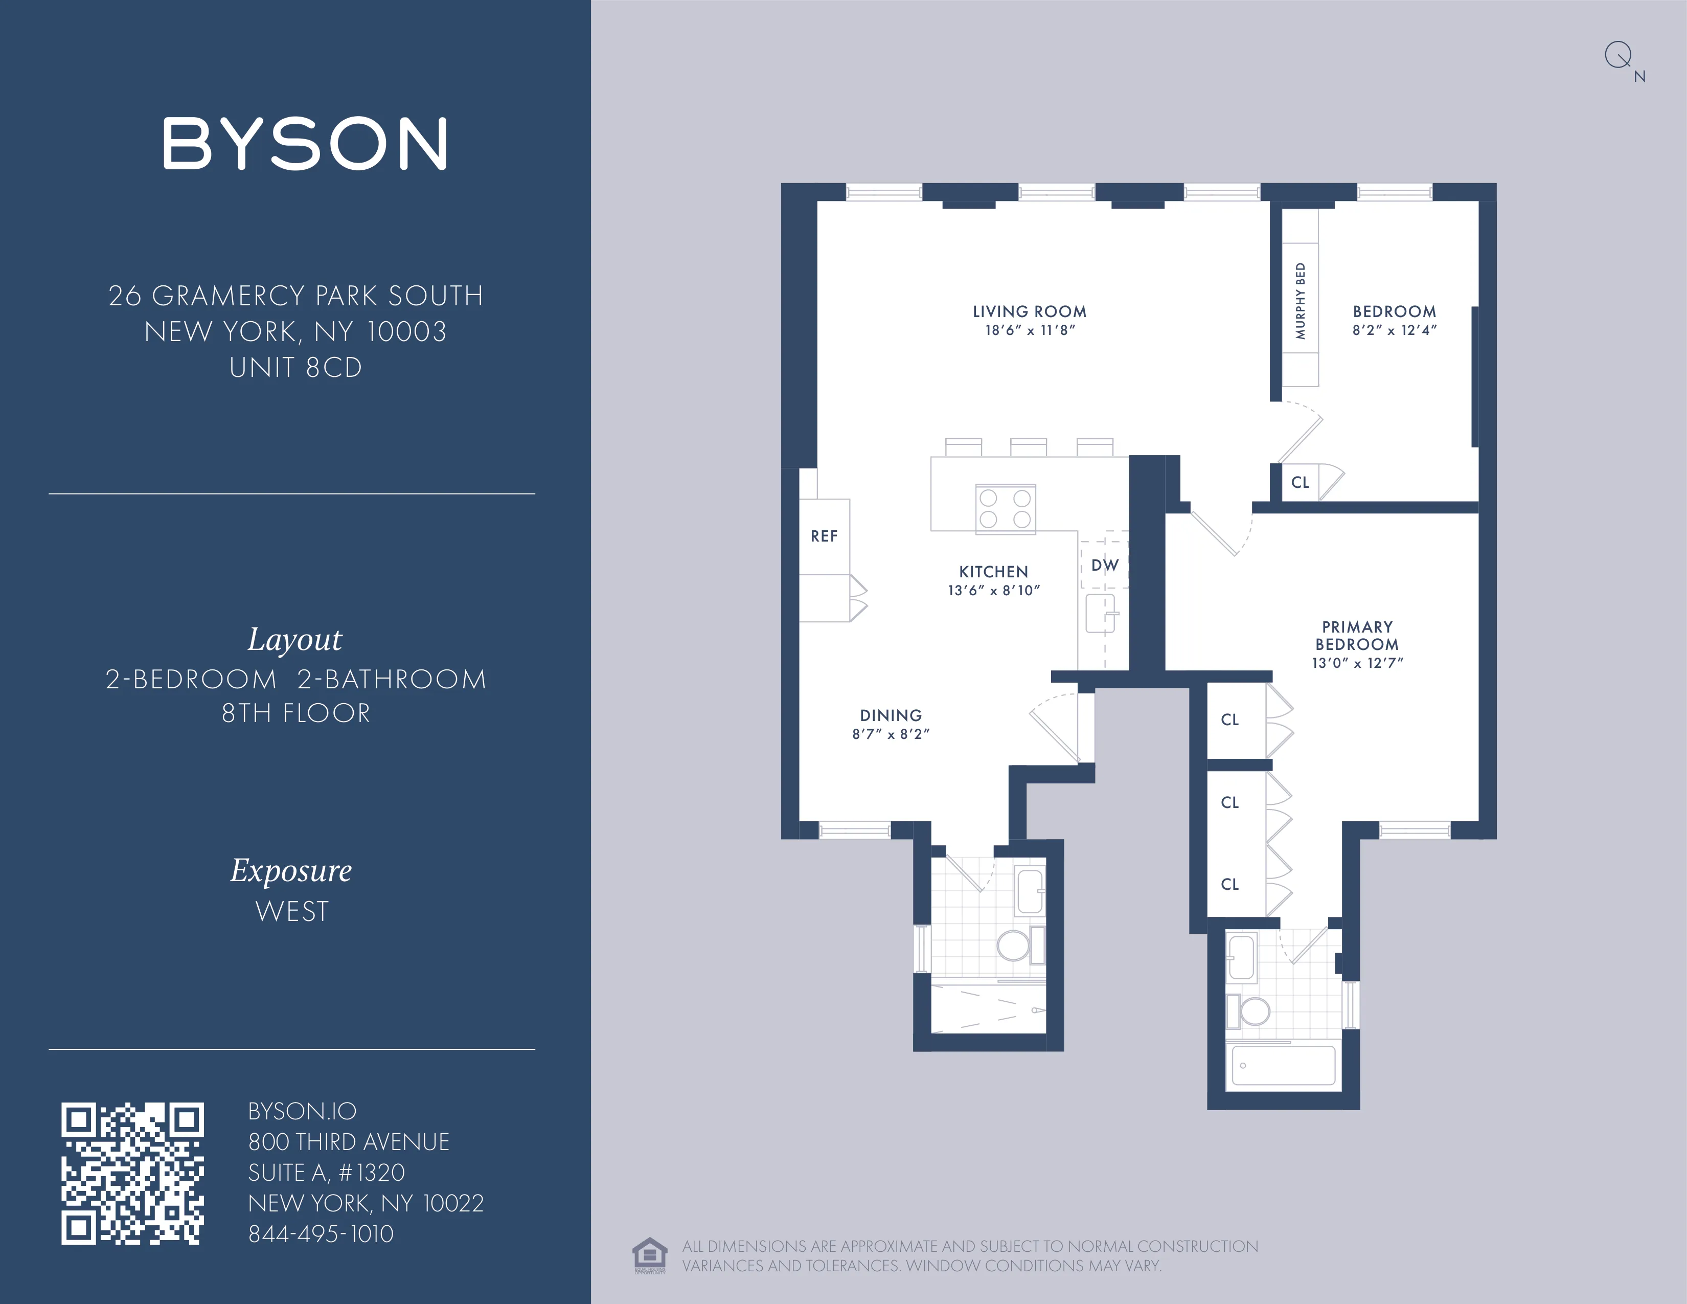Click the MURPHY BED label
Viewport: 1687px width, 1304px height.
(x=1300, y=301)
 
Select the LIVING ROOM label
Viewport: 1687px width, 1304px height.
(x=1029, y=311)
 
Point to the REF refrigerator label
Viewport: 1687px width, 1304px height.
(x=824, y=536)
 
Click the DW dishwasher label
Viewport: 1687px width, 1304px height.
(x=1105, y=565)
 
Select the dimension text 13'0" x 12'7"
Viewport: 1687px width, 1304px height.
(x=1357, y=663)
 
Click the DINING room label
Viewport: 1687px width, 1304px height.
(x=891, y=715)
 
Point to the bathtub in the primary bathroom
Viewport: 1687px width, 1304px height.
(x=1283, y=1066)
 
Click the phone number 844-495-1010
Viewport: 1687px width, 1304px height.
(x=321, y=1234)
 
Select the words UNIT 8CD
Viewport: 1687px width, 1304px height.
(x=296, y=368)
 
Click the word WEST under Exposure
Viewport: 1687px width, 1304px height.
(x=292, y=912)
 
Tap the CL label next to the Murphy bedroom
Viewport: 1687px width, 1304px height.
(x=1300, y=482)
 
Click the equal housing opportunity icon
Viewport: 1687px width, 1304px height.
(x=649, y=1254)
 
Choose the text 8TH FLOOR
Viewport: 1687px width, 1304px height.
(x=296, y=713)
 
